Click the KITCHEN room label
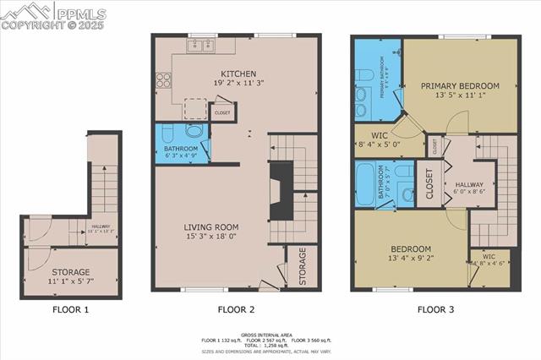click(x=238, y=74)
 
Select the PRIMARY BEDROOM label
click(x=460, y=85)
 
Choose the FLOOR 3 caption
click(x=435, y=309)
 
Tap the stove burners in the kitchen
click(x=163, y=81)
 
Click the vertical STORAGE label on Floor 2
click(x=302, y=266)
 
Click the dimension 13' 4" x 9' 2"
click(x=410, y=258)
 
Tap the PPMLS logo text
click(x=81, y=12)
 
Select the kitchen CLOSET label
click(x=222, y=112)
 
